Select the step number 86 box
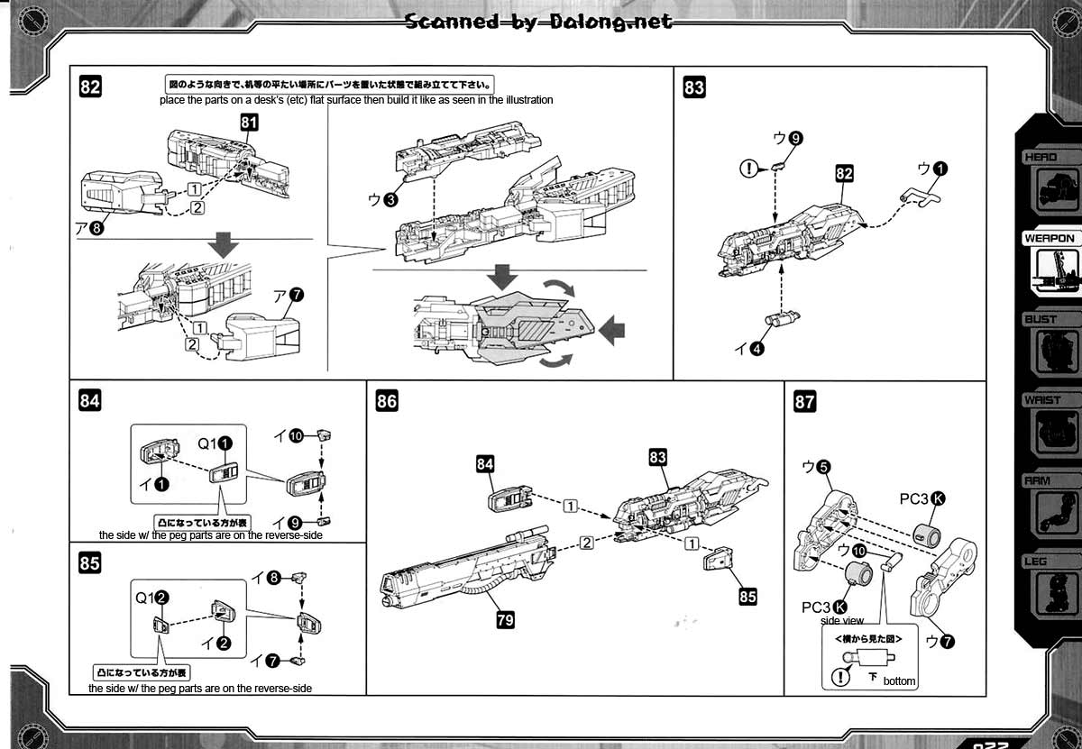pyautogui.click(x=387, y=402)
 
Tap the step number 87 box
pyautogui.click(x=804, y=402)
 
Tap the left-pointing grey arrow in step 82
pyautogui.click(x=612, y=328)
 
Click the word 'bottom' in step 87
pyautogui.click(x=900, y=681)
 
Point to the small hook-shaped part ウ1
pyautogui.click(x=921, y=193)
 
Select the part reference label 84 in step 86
pyautogui.click(x=485, y=463)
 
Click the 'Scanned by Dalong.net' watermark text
pyautogui.click(x=539, y=21)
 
